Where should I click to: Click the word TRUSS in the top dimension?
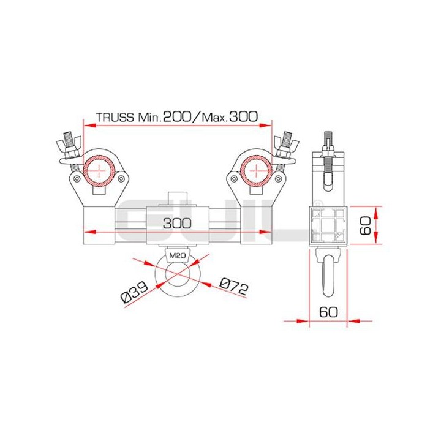pyautogui.click(x=115, y=116)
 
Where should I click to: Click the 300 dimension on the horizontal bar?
pyautogui.click(x=178, y=224)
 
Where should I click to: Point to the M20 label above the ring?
pyautogui.click(x=178, y=256)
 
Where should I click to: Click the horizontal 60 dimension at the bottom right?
pyautogui.click(x=329, y=311)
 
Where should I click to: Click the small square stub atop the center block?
pyautogui.click(x=178, y=198)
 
